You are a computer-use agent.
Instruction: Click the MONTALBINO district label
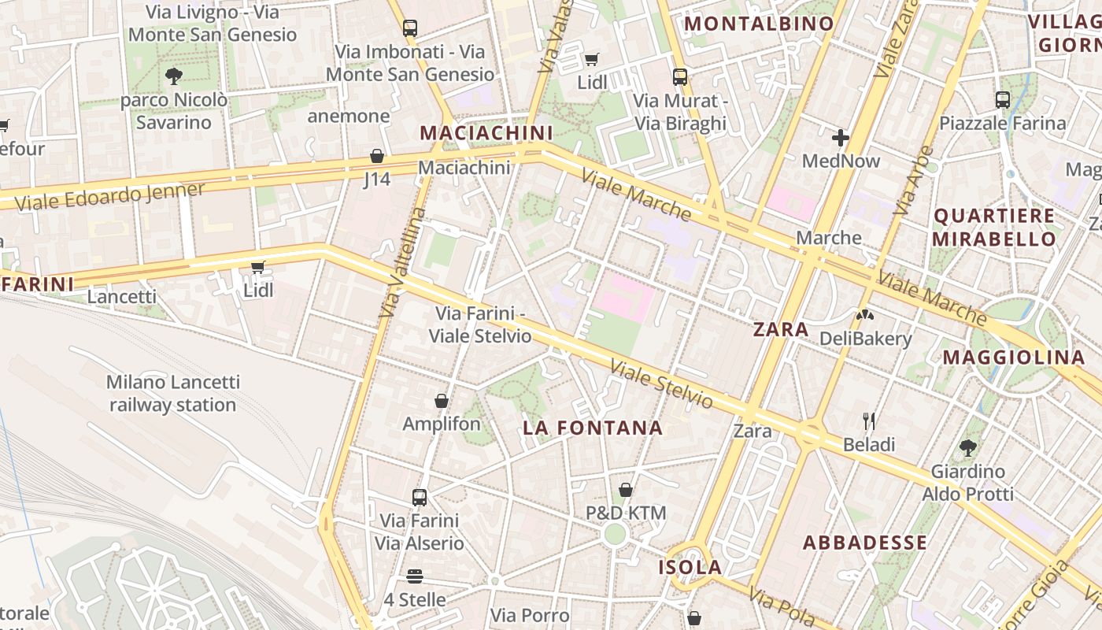click(x=759, y=24)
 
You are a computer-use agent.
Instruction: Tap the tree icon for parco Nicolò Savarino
click(x=174, y=76)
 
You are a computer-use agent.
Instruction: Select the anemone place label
click(x=349, y=117)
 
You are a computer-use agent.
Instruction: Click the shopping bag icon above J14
click(x=377, y=156)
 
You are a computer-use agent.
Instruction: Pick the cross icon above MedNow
click(x=841, y=138)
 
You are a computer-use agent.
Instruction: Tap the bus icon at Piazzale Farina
click(x=1002, y=100)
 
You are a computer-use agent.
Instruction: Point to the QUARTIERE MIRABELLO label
click(x=994, y=228)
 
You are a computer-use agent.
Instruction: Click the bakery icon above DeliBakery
click(x=866, y=316)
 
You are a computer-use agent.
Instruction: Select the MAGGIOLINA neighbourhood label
click(x=1014, y=358)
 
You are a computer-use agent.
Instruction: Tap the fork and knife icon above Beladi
click(x=869, y=421)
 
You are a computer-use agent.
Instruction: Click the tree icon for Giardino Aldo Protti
click(x=968, y=448)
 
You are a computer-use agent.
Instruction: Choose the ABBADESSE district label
click(x=865, y=543)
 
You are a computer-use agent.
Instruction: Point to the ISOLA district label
click(x=690, y=568)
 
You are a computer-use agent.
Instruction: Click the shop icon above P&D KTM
click(x=626, y=490)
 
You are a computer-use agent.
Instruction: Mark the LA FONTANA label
click(x=594, y=428)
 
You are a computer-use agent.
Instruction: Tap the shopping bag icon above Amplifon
click(x=442, y=401)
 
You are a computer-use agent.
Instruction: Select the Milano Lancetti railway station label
click(x=173, y=394)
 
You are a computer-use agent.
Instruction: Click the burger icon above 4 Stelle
click(x=415, y=576)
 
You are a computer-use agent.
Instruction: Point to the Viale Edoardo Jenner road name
click(x=109, y=196)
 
